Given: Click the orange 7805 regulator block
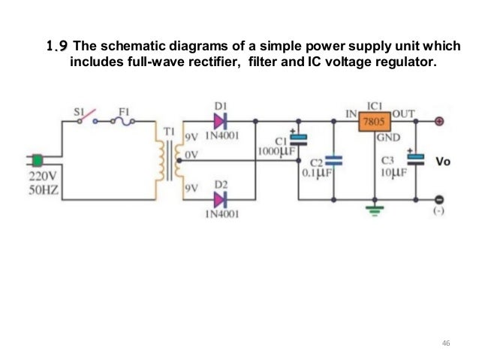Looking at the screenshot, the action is (375, 122).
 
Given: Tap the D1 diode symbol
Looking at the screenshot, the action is (221, 122).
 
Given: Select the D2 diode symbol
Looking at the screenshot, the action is (221, 200).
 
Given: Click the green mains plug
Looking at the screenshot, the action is (38, 161).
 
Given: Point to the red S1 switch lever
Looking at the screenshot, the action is (88, 115).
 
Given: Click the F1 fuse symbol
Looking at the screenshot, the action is (123, 122).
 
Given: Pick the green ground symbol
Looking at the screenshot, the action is (375, 210).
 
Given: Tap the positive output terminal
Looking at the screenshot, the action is (439, 122).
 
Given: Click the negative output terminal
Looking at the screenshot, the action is (439, 200).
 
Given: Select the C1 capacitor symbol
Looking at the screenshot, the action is (299, 139).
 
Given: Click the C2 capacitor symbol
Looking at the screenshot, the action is (334, 161).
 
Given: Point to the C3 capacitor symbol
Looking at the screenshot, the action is (415, 159).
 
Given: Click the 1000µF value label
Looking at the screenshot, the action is (277, 151).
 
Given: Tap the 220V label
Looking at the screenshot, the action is (43, 177).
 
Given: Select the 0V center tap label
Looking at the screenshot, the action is (191, 155).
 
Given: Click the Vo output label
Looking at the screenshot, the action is (443, 161).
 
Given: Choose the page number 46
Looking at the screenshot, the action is (446, 343).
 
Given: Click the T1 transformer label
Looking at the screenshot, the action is (169, 132).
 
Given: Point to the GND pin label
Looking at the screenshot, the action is (388, 138).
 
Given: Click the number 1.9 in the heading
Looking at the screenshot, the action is (57, 46).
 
